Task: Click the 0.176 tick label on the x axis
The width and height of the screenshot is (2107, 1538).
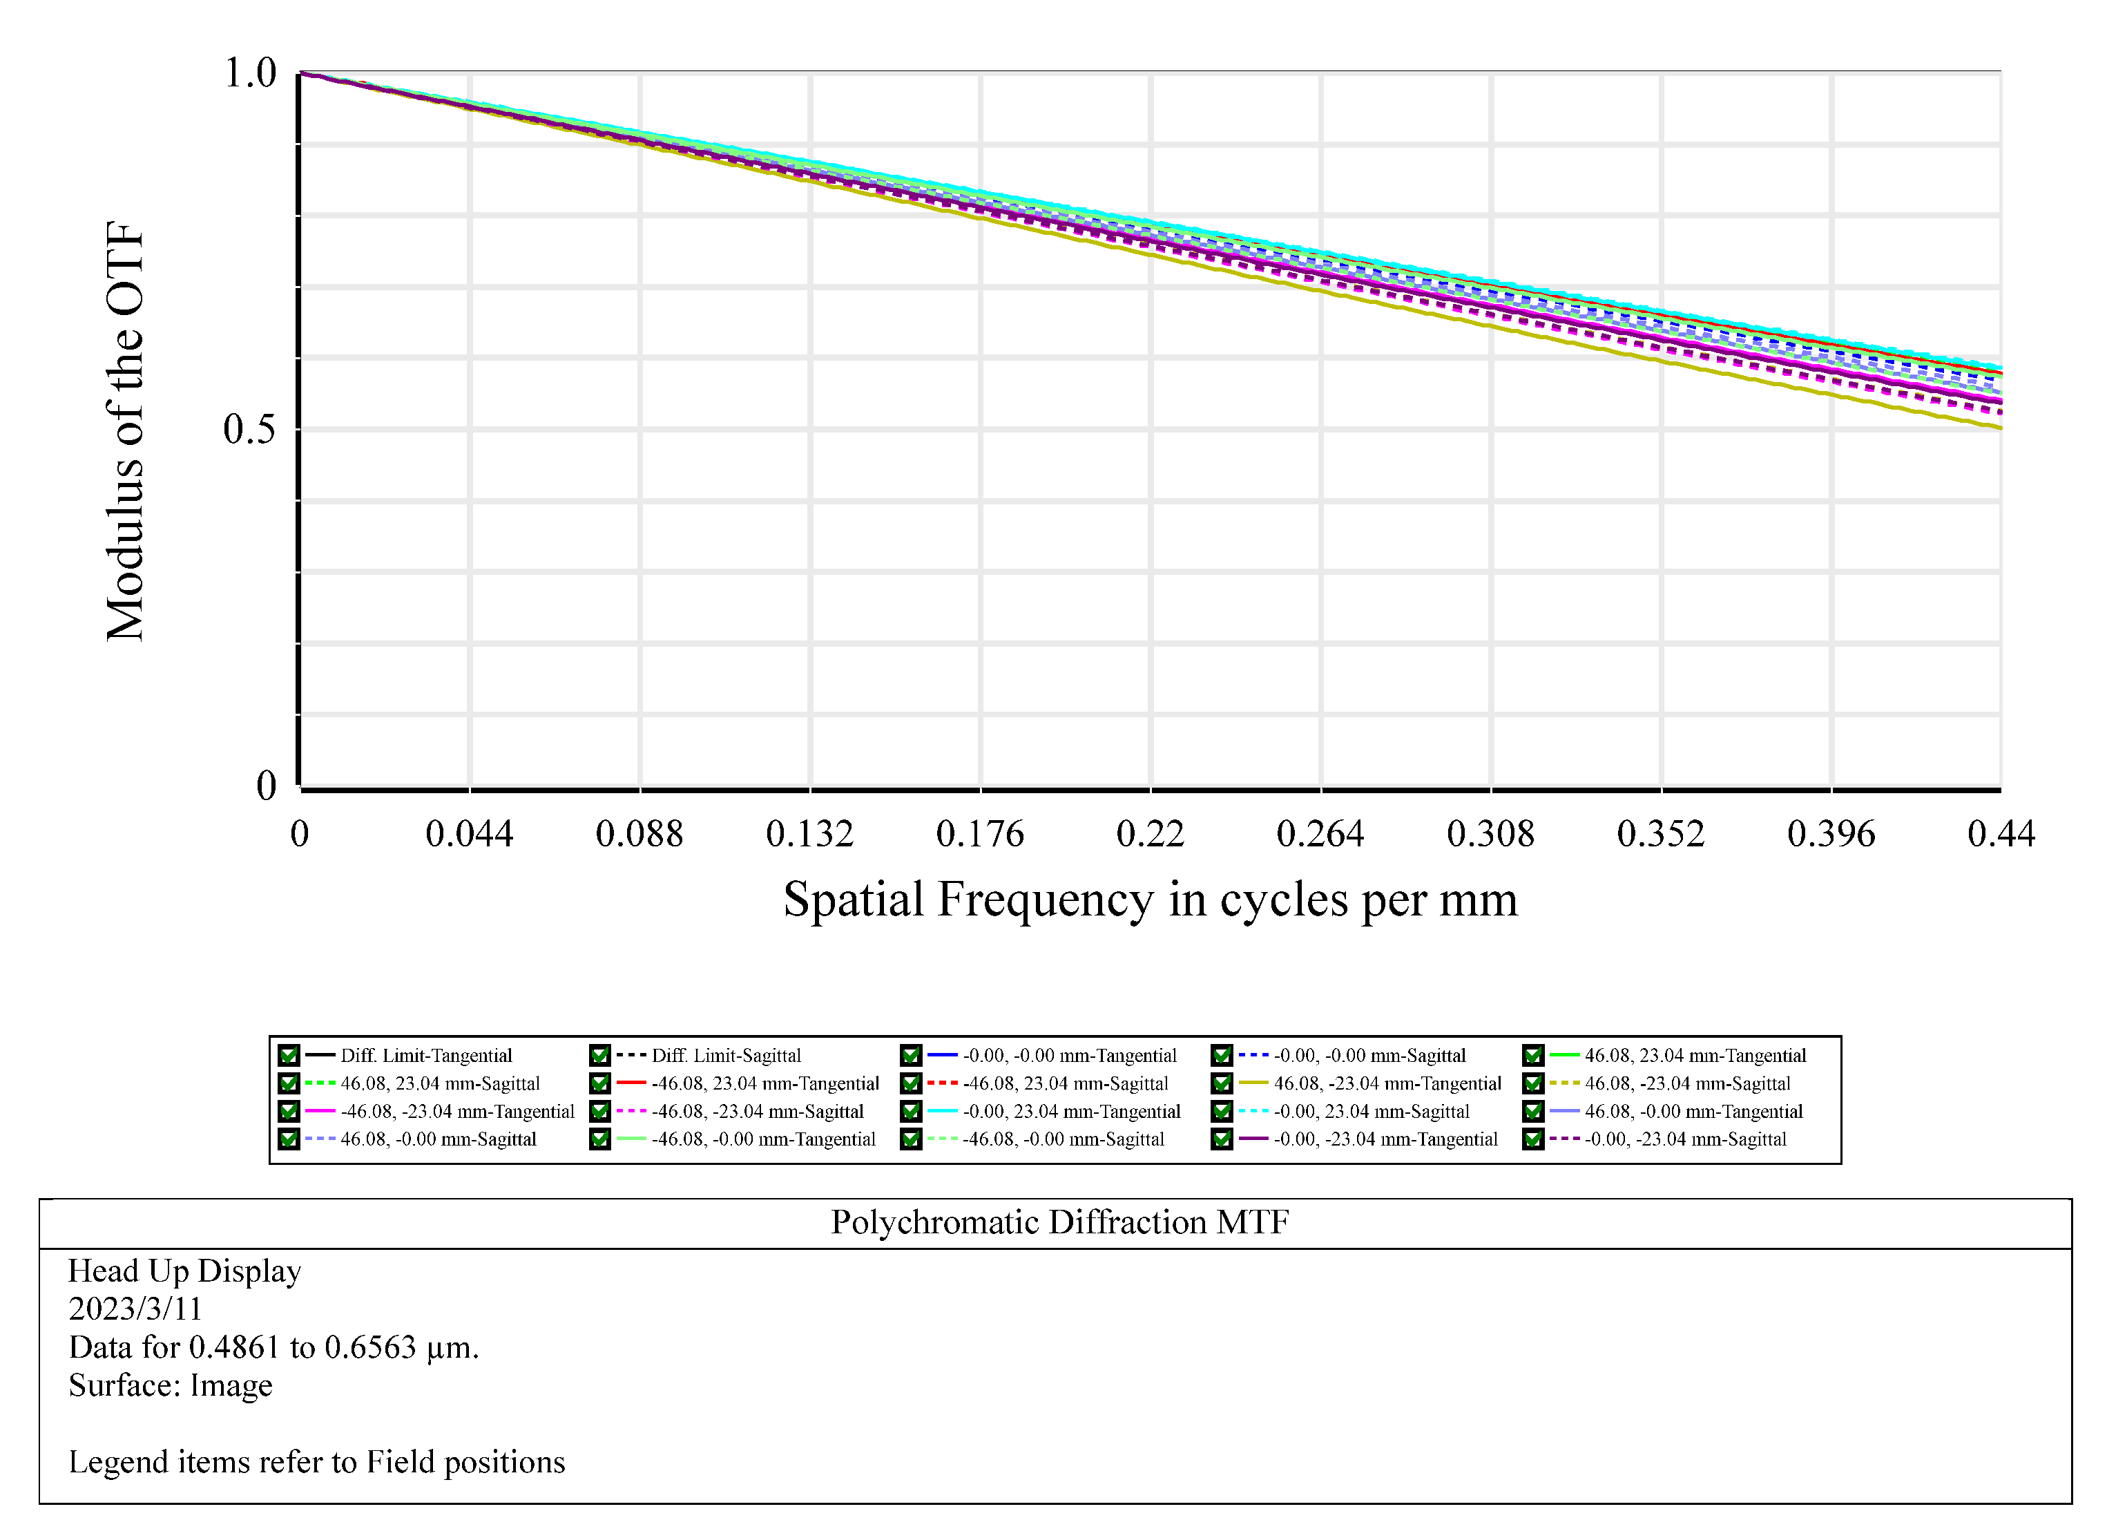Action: click(x=979, y=834)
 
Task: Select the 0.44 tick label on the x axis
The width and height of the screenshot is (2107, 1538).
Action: click(x=2000, y=834)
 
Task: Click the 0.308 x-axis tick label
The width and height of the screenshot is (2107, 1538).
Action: click(x=1490, y=834)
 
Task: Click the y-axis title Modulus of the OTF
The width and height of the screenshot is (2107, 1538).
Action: click(x=125, y=431)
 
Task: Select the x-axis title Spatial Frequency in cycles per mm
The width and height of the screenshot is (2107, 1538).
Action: click(x=1151, y=900)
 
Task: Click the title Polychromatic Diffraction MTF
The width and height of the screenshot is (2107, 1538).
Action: click(x=1059, y=1222)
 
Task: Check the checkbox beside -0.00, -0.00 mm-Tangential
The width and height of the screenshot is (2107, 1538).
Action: click(x=910, y=1056)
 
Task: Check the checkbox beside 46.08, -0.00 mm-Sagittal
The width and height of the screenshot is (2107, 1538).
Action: click(x=289, y=1139)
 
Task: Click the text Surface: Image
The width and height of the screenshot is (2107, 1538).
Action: click(x=171, y=1385)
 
